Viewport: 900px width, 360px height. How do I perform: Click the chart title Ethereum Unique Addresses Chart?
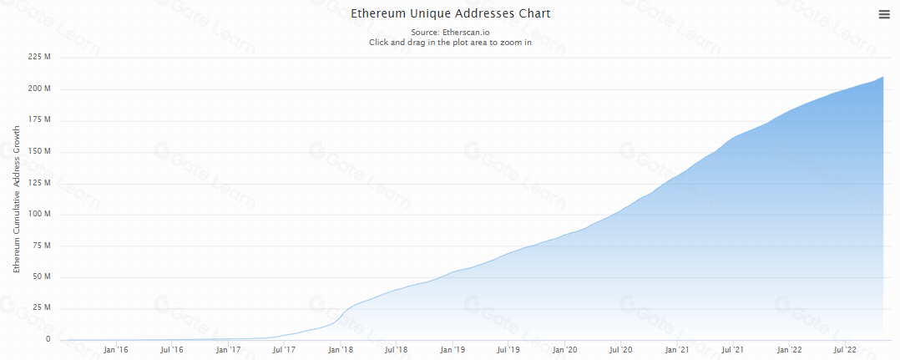(x=450, y=14)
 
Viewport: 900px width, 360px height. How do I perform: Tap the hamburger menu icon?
(x=884, y=14)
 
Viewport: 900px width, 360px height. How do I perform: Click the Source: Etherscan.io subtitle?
(x=450, y=32)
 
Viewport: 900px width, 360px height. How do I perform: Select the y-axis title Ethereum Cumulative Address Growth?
(x=15, y=200)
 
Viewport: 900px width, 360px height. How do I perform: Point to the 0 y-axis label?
(x=48, y=339)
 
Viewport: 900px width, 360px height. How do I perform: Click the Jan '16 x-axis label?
(x=115, y=350)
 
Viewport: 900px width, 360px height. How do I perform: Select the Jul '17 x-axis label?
(x=284, y=350)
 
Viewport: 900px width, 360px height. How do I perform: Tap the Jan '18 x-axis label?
(x=341, y=350)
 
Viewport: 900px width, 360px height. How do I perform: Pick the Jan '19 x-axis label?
(x=453, y=350)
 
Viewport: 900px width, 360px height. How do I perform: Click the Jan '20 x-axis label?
(x=565, y=350)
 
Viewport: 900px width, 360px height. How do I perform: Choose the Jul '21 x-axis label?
(x=733, y=350)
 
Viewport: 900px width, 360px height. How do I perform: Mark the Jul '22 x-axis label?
(x=845, y=350)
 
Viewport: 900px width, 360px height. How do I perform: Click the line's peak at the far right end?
(x=883, y=77)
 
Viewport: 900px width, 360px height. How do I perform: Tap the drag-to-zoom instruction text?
(x=450, y=42)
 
